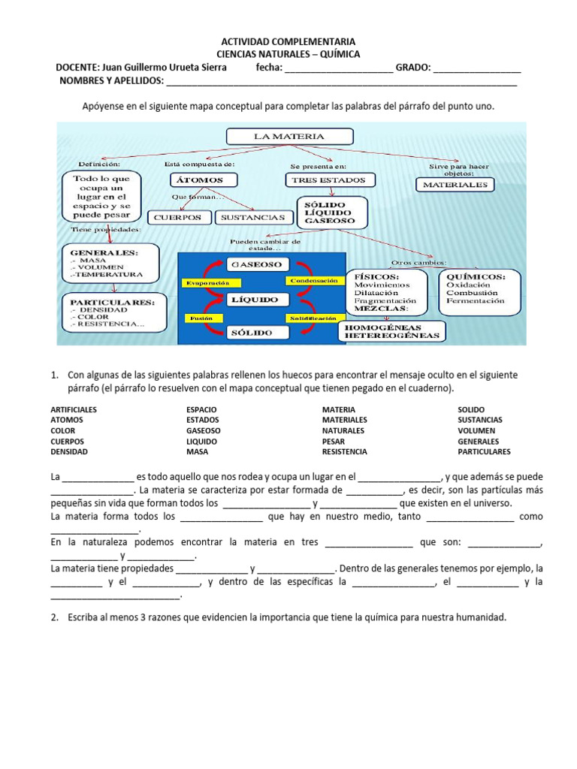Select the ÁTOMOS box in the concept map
pos(199,180)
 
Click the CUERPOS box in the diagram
pos(178,217)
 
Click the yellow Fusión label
pos(201,318)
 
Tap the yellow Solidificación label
pos(311,318)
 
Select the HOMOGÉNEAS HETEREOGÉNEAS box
pos(391,331)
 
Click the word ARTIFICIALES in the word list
pos(74,409)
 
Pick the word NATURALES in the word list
pos(343,431)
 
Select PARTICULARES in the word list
pos(484,452)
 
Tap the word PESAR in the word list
pos(334,442)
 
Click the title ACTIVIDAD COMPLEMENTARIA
pos(288,42)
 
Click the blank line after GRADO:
pos(477,69)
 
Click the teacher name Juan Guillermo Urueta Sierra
pos(163,68)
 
